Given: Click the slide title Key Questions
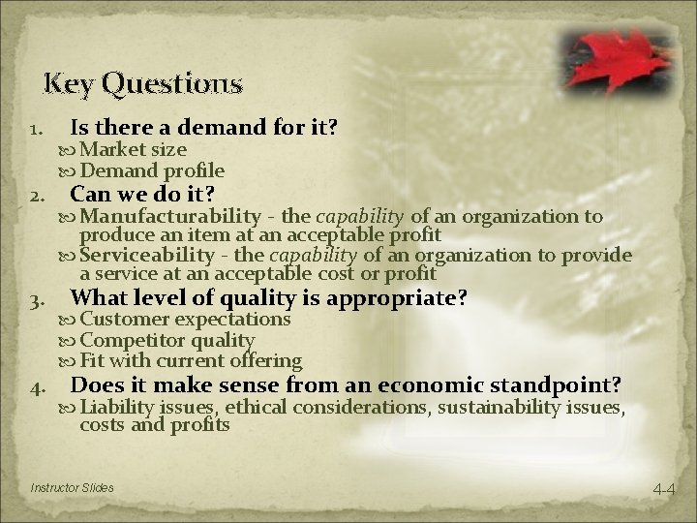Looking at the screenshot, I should (x=142, y=84).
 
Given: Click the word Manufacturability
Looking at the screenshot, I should (x=170, y=216).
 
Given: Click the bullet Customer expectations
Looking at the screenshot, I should (x=184, y=319).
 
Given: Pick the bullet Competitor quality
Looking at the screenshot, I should (x=167, y=340).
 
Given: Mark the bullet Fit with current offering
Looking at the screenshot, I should (x=190, y=360).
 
